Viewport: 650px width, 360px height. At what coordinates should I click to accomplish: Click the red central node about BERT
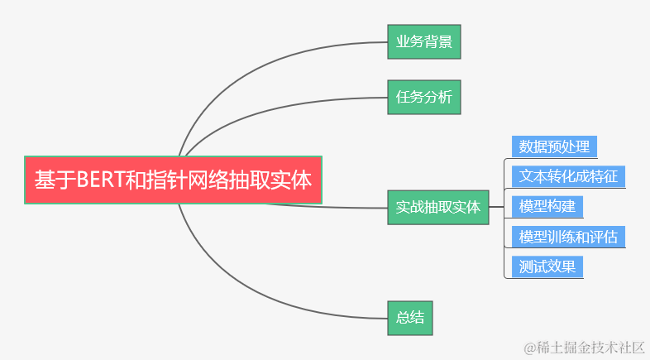173,179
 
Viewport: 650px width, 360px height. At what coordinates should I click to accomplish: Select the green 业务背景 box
423,41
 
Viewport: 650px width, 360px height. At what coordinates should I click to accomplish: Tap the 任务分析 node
423,97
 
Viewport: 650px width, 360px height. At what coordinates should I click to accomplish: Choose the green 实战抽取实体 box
437,207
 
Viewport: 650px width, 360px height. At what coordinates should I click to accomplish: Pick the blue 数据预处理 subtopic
554,146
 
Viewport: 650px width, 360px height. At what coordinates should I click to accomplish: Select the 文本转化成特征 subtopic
568,176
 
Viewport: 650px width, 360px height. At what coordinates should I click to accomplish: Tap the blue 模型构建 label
547,206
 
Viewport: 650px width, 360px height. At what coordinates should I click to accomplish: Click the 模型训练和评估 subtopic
568,237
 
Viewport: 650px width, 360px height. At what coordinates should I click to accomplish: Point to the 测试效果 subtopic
547,266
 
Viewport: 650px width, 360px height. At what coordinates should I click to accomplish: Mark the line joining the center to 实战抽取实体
331,205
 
